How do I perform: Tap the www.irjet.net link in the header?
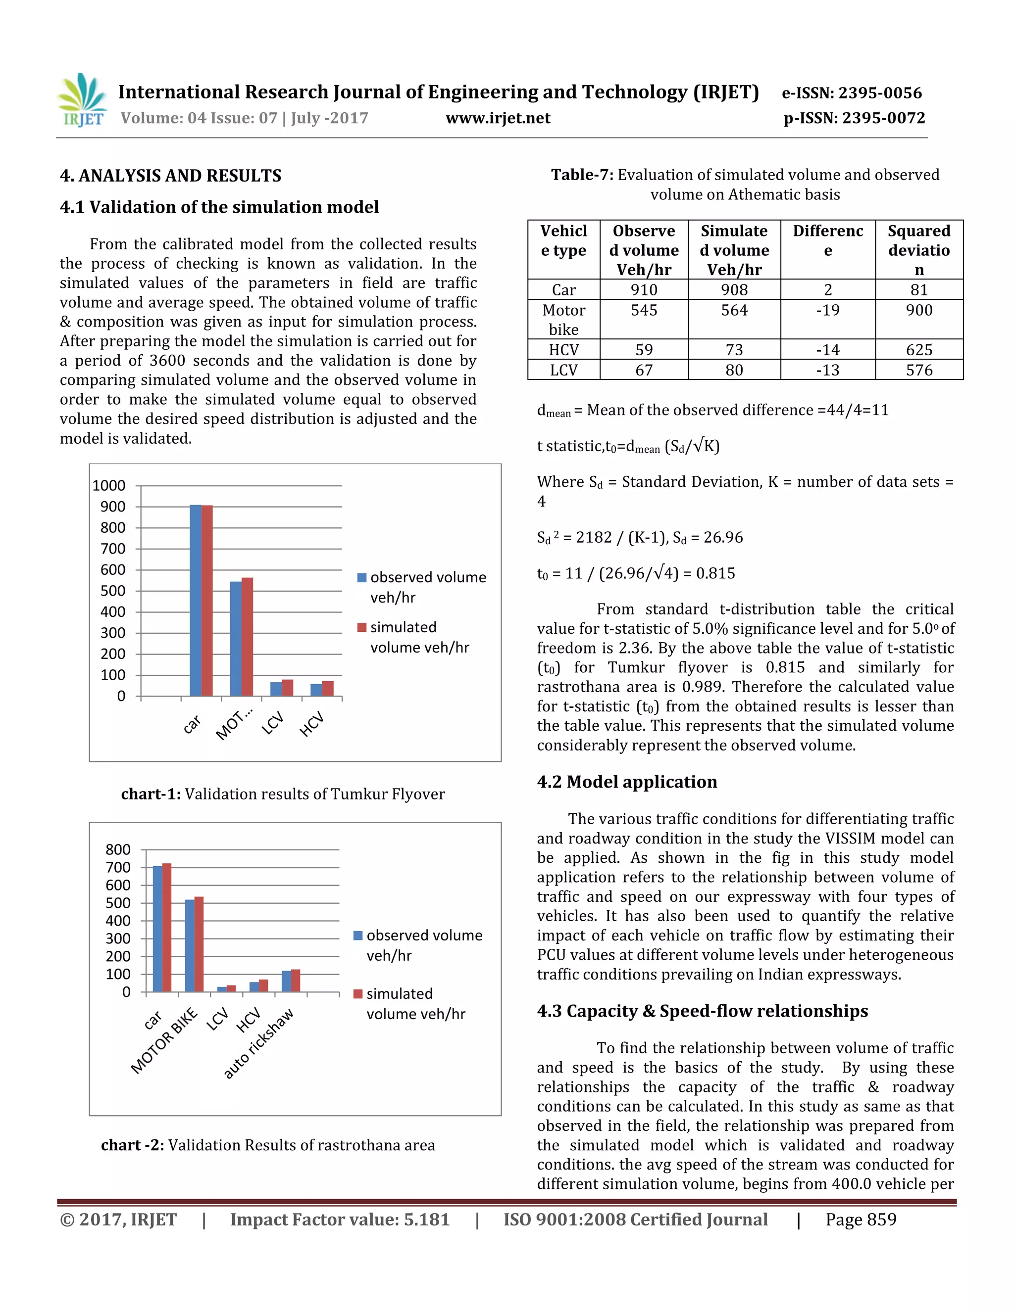(498, 118)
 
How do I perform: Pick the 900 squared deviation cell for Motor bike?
(918, 310)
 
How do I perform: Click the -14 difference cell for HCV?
(827, 350)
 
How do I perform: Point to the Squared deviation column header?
(918, 250)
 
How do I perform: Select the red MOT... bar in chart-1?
(247, 636)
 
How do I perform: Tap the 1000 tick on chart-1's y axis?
(109, 486)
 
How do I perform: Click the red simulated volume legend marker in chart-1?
(361, 627)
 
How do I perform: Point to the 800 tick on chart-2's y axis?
(118, 849)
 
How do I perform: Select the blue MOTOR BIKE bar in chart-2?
(189, 945)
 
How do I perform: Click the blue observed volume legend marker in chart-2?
(358, 935)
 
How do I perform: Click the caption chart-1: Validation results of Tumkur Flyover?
(283, 794)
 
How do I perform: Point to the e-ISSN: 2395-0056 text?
(851, 93)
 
